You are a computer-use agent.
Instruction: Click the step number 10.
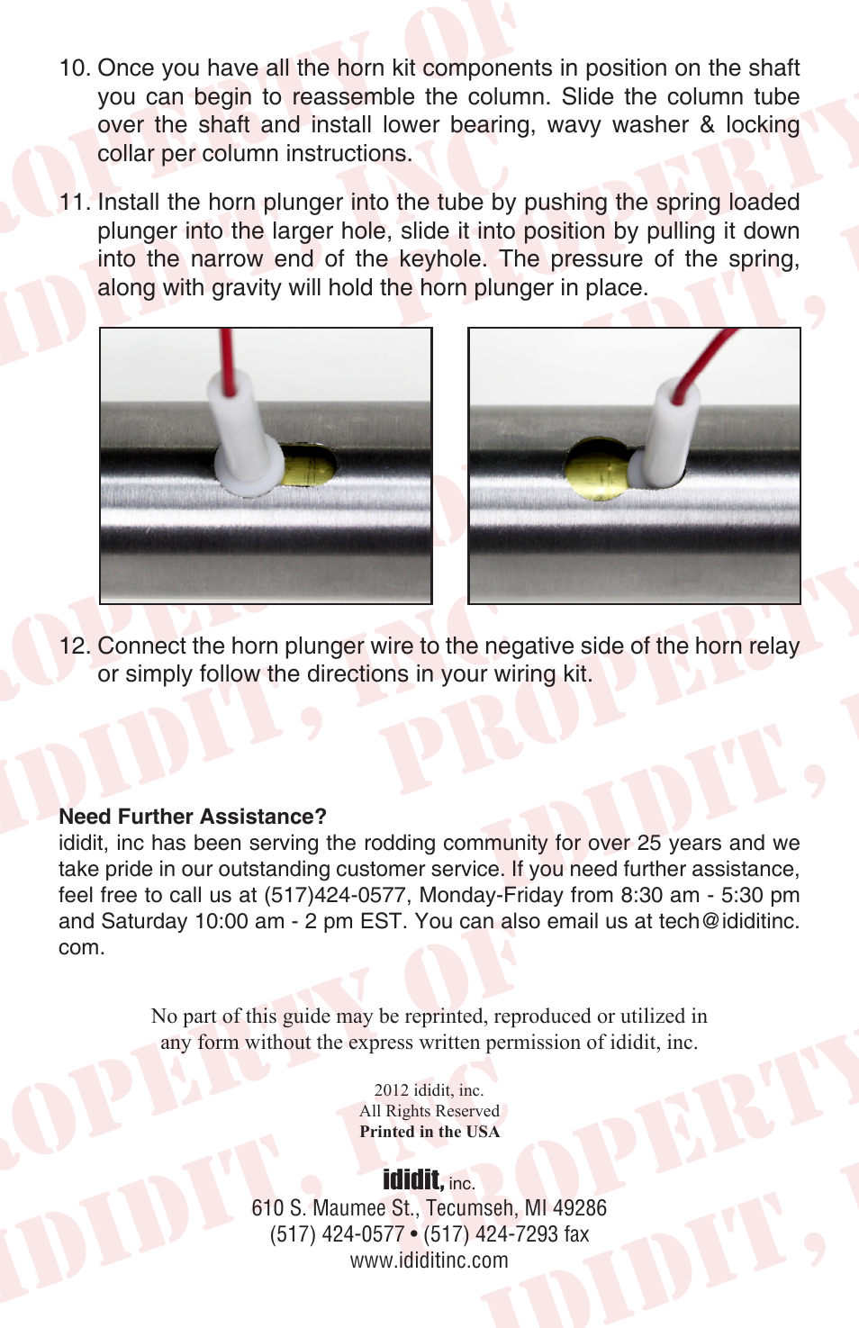point(75,68)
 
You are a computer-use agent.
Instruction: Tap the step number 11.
point(75,203)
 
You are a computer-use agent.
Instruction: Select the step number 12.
point(75,646)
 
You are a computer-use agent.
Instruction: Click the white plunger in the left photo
point(248,438)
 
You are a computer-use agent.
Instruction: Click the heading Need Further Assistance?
point(193,817)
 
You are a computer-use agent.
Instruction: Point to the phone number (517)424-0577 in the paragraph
point(334,895)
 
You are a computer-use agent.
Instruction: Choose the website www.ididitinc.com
point(429,1260)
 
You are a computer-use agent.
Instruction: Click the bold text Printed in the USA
point(429,1131)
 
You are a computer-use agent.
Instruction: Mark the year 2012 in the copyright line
point(392,1089)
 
